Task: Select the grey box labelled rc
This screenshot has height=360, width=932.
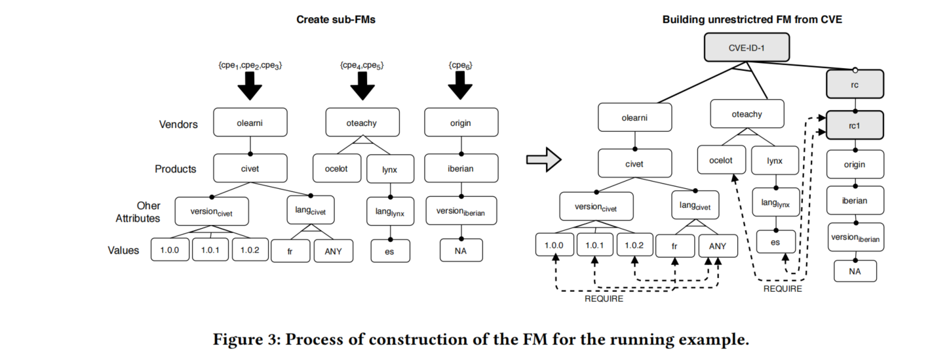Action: click(x=855, y=84)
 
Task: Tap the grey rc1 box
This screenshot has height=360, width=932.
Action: click(x=855, y=125)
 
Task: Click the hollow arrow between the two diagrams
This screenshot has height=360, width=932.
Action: click(x=543, y=159)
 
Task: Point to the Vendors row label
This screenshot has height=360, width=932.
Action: click(x=178, y=124)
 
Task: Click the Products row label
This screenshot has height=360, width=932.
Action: click(x=175, y=169)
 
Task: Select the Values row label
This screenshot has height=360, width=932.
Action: click(x=123, y=250)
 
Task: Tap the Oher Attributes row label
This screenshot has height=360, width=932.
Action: click(x=138, y=212)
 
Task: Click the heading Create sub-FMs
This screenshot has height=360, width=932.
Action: click(x=336, y=20)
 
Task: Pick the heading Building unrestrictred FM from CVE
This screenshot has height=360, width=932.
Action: click(x=752, y=20)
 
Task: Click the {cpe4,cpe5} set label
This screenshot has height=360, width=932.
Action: click(x=361, y=66)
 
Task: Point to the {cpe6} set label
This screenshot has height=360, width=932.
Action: click(x=460, y=66)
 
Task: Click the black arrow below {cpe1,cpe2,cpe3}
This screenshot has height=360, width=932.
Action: click(x=249, y=86)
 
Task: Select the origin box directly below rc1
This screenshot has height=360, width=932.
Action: click(x=855, y=165)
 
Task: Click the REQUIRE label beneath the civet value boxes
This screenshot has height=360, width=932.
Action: click(x=604, y=299)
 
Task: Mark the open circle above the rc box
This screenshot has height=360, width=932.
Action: click(x=855, y=70)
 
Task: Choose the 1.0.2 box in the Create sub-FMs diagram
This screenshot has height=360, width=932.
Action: click(x=249, y=250)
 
